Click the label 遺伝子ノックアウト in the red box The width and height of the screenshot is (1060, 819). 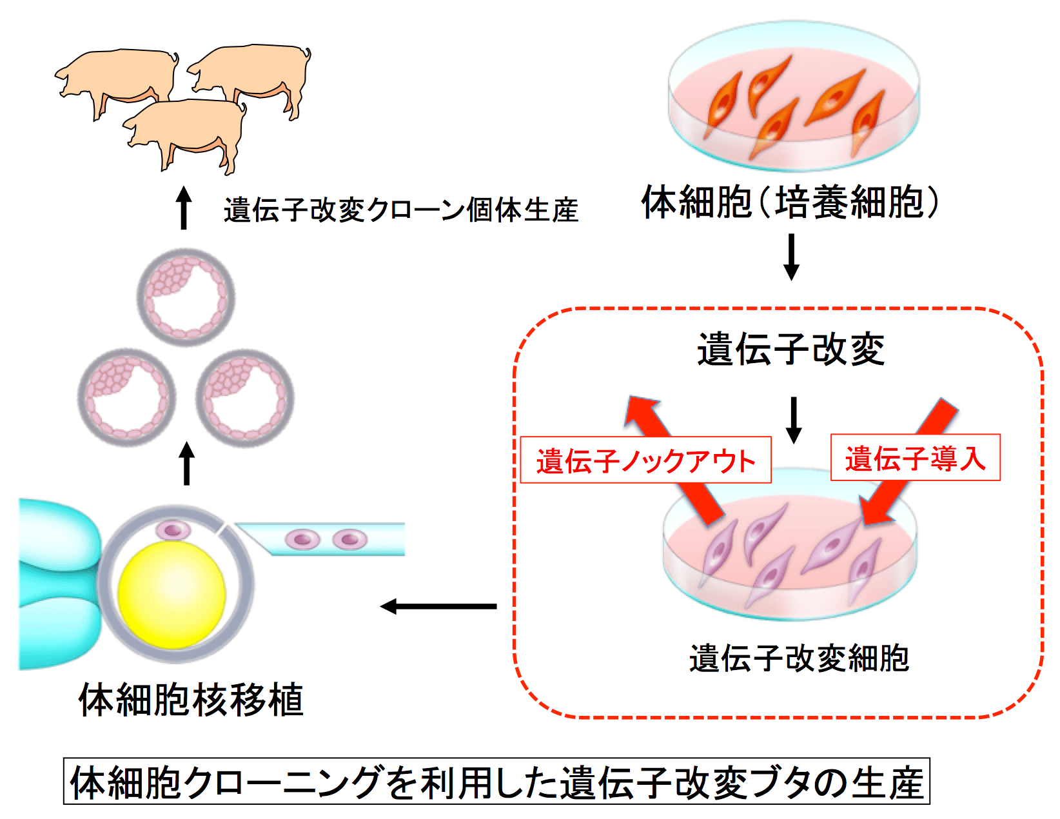(x=645, y=460)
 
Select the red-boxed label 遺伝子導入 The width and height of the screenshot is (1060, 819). (x=915, y=458)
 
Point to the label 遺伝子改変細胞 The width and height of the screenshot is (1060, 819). (x=799, y=658)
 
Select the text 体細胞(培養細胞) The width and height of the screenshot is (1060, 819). (x=790, y=202)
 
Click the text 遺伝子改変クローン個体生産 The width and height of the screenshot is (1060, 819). (x=400, y=210)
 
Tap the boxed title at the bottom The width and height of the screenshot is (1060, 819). (x=496, y=782)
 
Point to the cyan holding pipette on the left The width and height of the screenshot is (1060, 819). (x=55, y=584)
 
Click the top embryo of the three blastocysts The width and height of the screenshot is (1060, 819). (x=186, y=297)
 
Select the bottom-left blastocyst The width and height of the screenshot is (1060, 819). (x=126, y=397)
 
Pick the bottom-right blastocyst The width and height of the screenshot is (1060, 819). (x=245, y=398)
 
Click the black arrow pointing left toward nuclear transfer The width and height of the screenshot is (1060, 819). (x=438, y=606)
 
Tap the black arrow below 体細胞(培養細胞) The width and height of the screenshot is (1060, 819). (x=791, y=256)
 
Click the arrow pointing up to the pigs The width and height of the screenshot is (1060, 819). (x=184, y=208)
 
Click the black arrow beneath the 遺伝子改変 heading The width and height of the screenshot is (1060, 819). (x=794, y=419)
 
